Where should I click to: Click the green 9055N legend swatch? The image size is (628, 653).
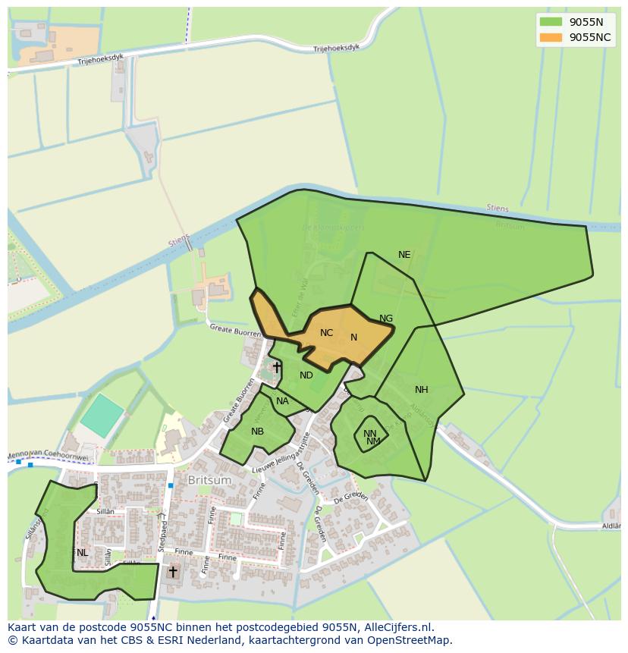[551, 22]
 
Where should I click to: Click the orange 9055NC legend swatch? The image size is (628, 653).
[551, 37]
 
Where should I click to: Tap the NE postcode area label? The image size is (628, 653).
[404, 255]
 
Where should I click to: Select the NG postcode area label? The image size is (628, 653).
[386, 319]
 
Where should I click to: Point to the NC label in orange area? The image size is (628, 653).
[326, 333]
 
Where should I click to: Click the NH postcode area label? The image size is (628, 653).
[422, 390]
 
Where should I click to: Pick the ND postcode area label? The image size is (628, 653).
[306, 375]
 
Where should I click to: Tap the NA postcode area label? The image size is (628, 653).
[282, 401]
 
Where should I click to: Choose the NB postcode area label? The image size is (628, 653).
[258, 432]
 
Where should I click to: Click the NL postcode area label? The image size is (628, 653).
[82, 553]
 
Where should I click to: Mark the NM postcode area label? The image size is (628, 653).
[373, 441]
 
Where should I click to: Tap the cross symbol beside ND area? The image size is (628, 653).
[277, 368]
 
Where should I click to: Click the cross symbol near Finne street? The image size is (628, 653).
[173, 571]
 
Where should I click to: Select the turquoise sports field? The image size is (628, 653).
[102, 415]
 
